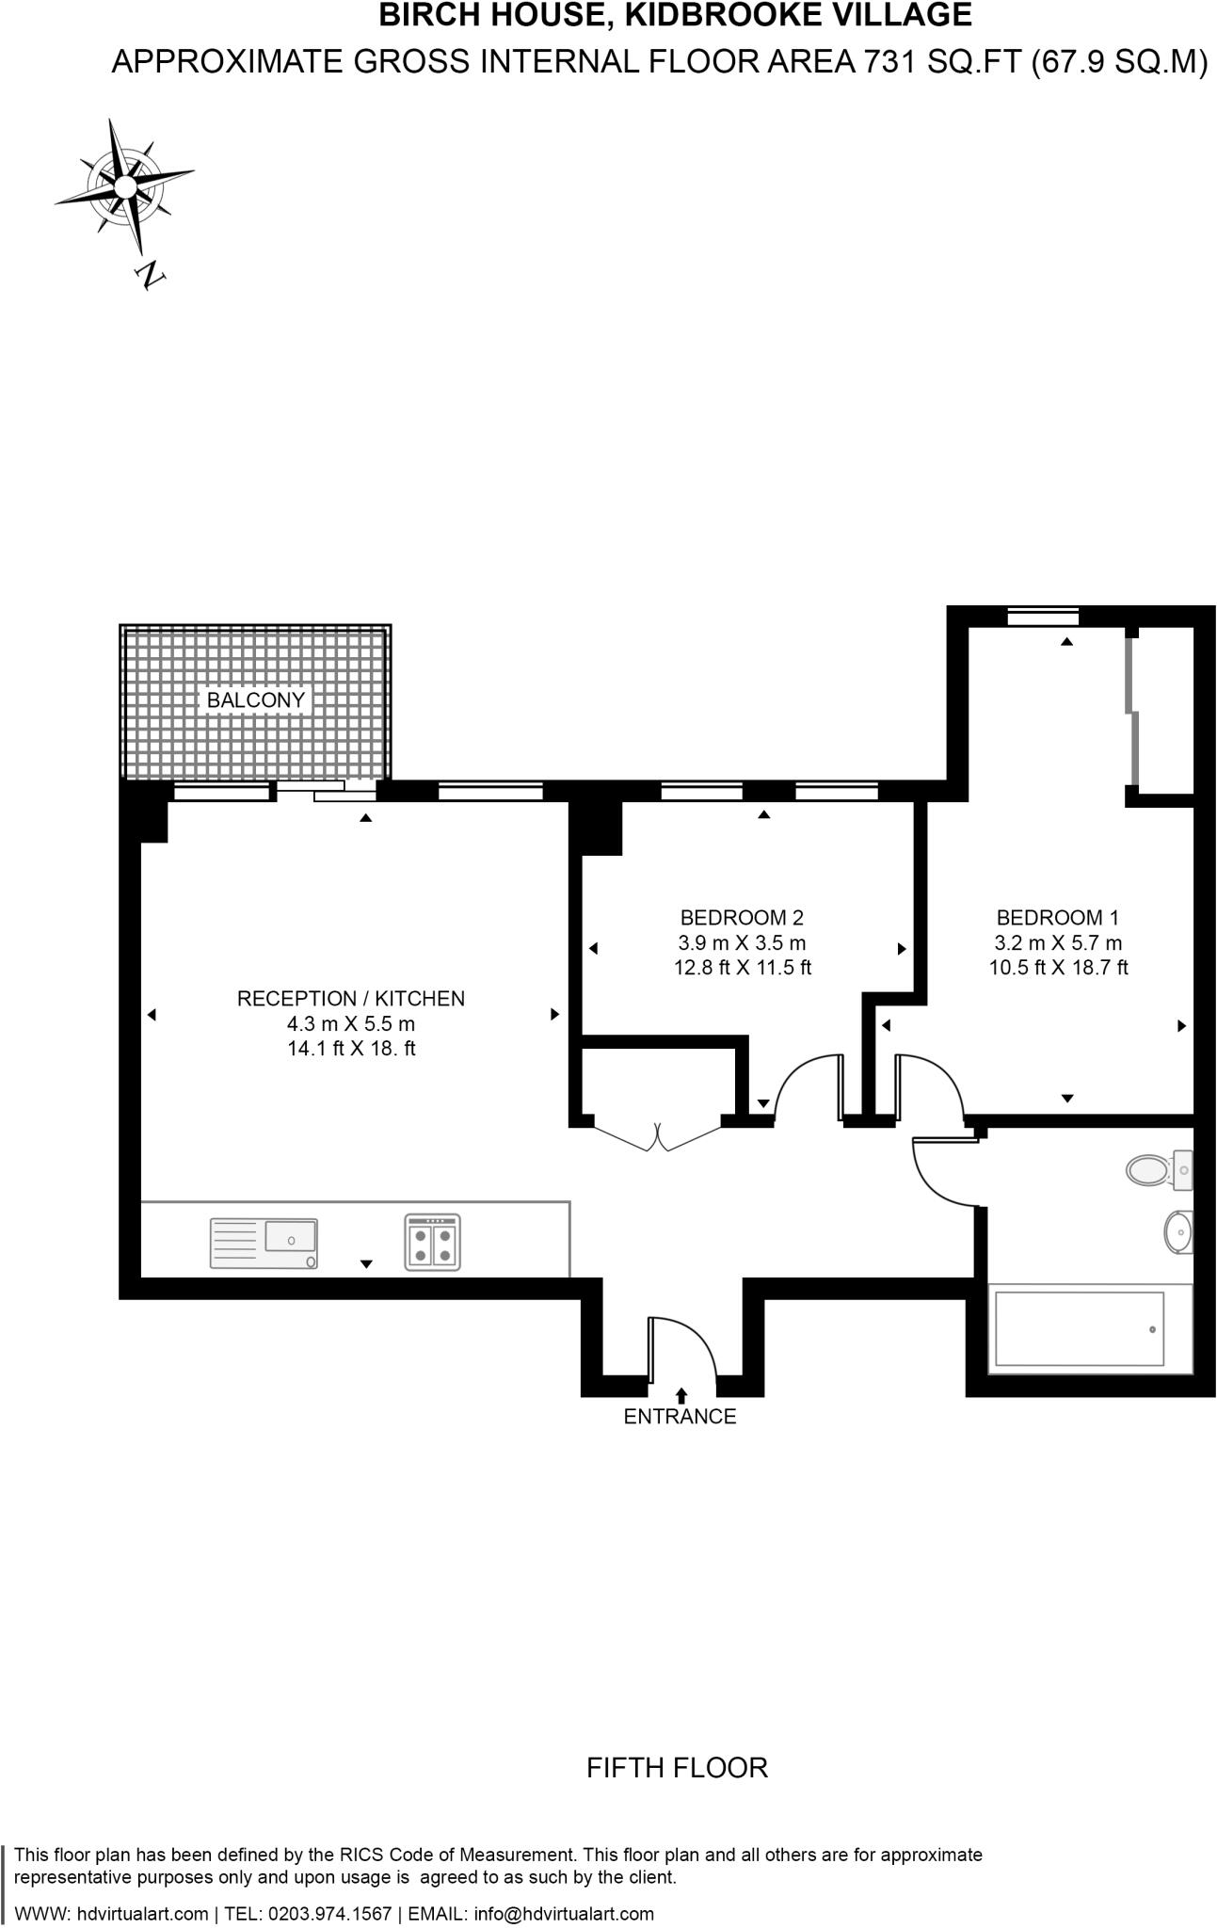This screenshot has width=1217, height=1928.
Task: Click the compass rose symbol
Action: pos(124,186)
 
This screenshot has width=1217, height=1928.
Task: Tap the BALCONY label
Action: pos(255,700)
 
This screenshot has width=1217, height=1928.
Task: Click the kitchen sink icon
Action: pos(264,1244)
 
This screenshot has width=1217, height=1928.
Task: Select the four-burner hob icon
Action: pos(433,1243)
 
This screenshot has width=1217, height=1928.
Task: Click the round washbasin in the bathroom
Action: pos(1177,1231)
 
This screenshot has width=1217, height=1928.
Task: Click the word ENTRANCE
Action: pos(680,1416)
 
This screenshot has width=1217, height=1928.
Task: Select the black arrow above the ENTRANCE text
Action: pos(681,1395)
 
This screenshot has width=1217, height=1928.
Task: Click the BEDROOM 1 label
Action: pos(1057,917)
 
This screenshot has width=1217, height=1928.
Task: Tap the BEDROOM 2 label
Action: pos(742,917)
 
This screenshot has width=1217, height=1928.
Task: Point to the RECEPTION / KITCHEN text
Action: pos(350,998)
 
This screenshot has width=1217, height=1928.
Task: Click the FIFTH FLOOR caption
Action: pos(677,1767)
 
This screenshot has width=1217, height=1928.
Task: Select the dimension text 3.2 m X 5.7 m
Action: pos(1058,942)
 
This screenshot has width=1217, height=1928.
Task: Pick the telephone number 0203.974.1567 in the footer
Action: pos(329,1913)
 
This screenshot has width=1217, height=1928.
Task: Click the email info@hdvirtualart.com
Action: pos(564,1913)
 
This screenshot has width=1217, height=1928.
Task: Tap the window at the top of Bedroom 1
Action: pos(1042,618)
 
